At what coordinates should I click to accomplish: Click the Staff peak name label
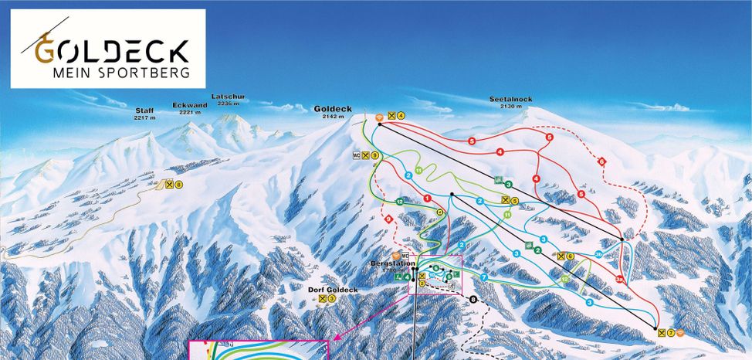(145, 110)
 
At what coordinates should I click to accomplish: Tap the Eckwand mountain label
(190, 104)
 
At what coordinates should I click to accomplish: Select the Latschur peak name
(229, 97)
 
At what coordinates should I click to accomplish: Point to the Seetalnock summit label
(511, 99)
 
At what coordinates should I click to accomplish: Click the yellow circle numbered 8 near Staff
(178, 185)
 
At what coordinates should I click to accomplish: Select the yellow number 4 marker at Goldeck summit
(401, 115)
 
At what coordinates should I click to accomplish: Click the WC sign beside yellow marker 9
(357, 155)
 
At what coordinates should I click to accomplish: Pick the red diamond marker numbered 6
(601, 161)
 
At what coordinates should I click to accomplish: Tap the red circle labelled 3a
(620, 279)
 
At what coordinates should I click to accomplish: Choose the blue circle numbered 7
(484, 277)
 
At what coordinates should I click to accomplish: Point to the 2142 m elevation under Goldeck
(333, 117)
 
